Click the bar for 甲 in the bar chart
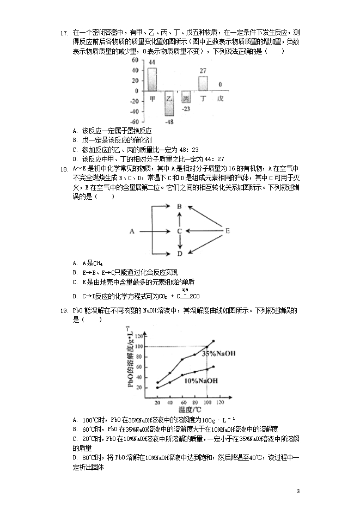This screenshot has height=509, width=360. click(x=152, y=79)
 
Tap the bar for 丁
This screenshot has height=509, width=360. click(x=203, y=83)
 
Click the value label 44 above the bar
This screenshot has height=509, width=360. click(x=152, y=63)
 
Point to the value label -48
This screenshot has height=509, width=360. click(x=169, y=122)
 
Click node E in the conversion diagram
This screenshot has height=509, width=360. click(x=227, y=231)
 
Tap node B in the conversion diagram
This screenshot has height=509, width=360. click(x=179, y=206)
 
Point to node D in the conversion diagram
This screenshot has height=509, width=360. click(x=179, y=254)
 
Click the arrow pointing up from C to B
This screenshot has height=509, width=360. click(x=179, y=219)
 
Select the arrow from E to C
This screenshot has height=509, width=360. click(x=205, y=231)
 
